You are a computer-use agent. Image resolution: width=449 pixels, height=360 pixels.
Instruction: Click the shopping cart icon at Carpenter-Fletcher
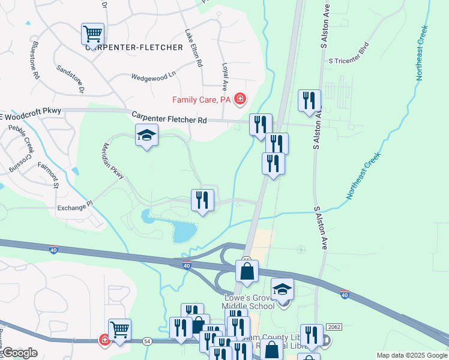[92, 34]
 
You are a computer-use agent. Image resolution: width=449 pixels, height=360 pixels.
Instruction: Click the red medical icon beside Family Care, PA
[240, 98]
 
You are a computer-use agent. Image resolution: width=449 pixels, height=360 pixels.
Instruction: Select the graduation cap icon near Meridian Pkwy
[146, 136]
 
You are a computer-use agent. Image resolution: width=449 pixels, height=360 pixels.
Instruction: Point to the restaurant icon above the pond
[202, 200]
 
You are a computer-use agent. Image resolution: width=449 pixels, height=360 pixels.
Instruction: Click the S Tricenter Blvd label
[348, 61]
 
